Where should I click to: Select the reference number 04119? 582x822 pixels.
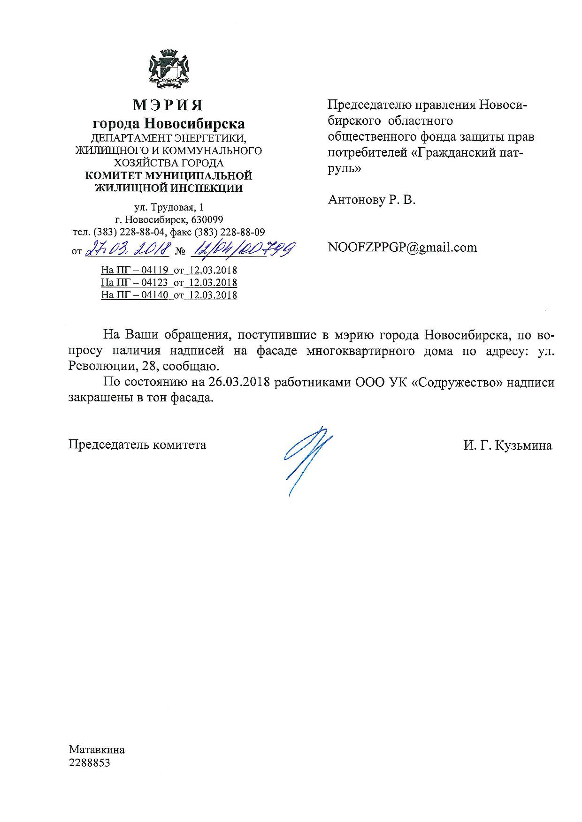coord(155,271)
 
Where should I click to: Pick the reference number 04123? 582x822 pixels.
coord(155,283)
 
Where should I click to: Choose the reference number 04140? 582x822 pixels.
coord(155,295)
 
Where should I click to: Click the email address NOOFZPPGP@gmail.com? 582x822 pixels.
coord(402,247)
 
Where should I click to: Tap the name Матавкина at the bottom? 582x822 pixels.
coord(97,750)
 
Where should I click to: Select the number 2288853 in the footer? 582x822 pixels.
coord(89,763)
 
